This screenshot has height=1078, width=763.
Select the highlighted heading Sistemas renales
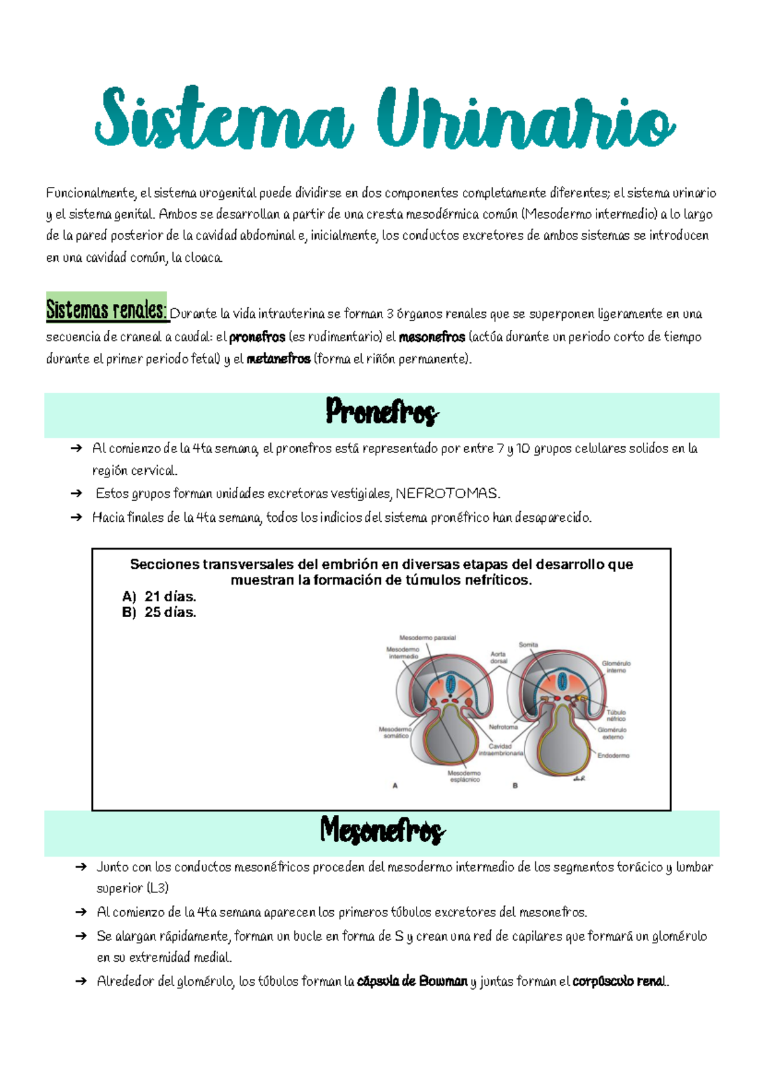pos(106,310)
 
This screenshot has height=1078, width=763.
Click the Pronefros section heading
pos(381,413)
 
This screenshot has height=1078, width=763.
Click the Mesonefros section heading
pos(381,831)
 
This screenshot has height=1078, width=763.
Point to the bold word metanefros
pos(278,359)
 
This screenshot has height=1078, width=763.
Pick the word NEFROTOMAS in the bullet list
pos(448,494)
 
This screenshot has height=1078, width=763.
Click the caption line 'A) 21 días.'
pos(159,596)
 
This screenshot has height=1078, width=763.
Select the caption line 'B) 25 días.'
pos(159,612)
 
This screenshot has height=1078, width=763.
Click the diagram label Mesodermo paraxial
pos(427,638)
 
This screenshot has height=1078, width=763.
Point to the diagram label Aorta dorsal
pos(498,657)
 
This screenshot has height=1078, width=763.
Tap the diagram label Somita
pos(528,645)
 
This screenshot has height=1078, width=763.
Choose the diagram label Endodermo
pos(613,756)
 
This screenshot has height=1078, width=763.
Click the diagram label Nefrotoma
pos(503,727)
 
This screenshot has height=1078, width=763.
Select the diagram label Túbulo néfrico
pos(615,715)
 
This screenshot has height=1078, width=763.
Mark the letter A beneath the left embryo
pos(395,786)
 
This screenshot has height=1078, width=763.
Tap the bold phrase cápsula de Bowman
pos(412,981)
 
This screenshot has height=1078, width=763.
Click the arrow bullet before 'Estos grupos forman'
pos(76,494)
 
